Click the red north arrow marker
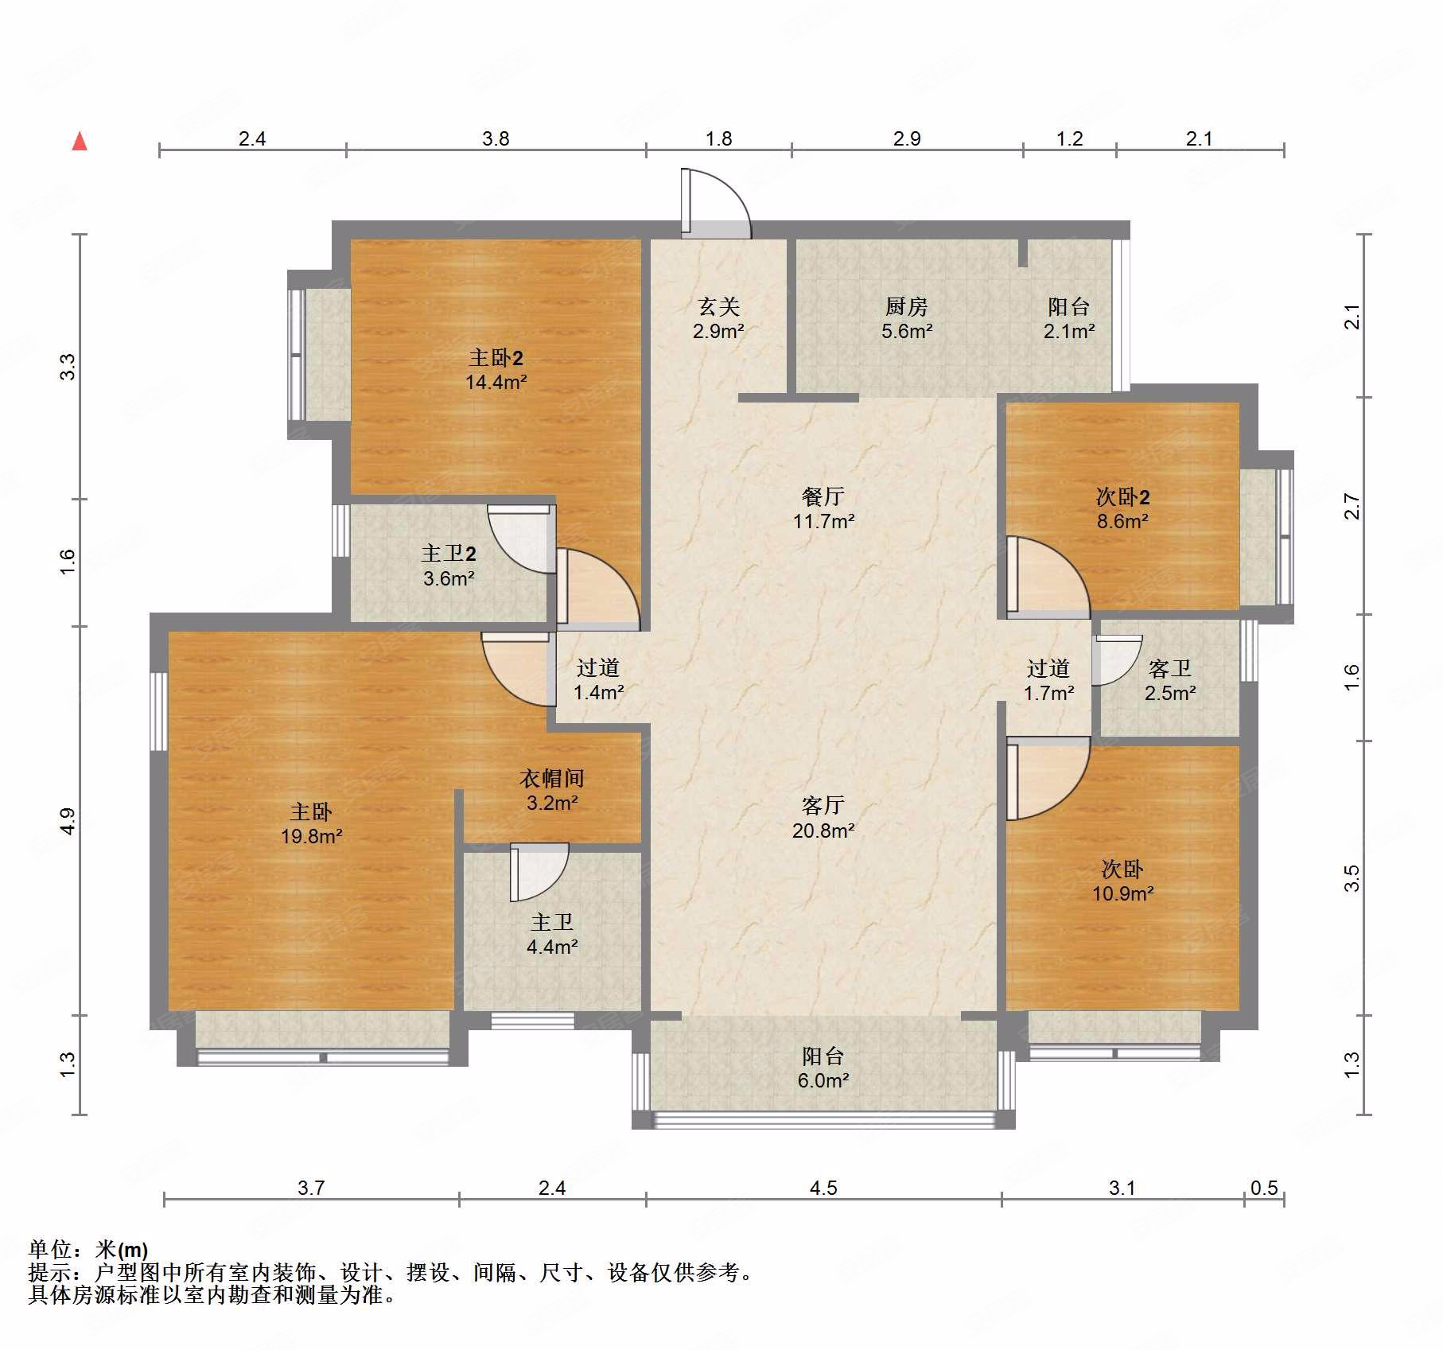[80, 141]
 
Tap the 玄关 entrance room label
[719, 306]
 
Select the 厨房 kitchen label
[907, 306]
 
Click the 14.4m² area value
[496, 382]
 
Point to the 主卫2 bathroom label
[449, 553]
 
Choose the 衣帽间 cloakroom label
[552, 778]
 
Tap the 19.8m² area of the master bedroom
[312, 836]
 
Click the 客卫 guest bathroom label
[1170, 668]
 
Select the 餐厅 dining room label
[823, 496]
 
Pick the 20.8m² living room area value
[823, 831]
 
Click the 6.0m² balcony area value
[823, 1080]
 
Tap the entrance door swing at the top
[716, 204]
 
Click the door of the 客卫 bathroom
[1117, 660]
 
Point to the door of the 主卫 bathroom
[539, 872]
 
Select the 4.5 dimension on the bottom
[823, 1188]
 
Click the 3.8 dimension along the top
[496, 138]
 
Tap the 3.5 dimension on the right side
[1352, 878]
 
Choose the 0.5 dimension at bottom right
[1264, 1188]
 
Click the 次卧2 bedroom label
[1122, 497]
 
